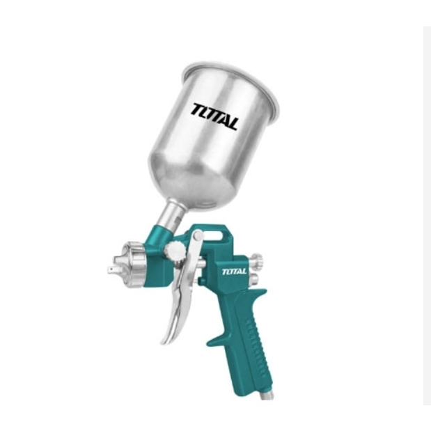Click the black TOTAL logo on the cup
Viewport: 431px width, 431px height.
215,116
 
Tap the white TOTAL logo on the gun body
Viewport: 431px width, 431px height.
234,272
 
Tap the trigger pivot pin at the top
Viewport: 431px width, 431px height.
198,235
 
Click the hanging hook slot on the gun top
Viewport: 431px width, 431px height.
213,236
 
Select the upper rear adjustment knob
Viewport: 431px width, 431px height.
256,259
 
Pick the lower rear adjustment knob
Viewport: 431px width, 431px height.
254,279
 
